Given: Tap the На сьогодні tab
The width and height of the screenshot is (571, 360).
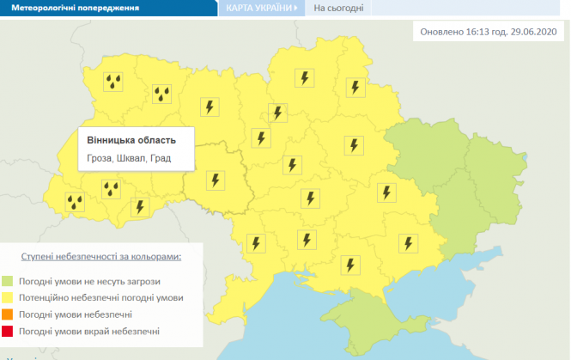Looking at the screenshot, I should [x=338, y=9].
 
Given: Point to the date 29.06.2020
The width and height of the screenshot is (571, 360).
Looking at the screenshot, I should [x=533, y=33].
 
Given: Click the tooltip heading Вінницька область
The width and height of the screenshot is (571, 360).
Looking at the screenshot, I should [x=131, y=140].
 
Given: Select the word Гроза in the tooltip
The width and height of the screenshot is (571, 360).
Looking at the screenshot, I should [x=101, y=159].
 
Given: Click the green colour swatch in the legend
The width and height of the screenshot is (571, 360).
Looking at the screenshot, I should [x=32, y=281].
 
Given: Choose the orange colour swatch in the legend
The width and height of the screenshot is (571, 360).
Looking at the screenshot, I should [x=32, y=314].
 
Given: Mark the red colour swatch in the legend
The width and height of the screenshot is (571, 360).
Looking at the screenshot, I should [x=32, y=331].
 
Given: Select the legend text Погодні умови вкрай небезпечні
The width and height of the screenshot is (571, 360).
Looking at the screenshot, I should [x=106, y=332].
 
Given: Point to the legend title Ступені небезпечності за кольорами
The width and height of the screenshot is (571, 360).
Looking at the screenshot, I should [x=102, y=256].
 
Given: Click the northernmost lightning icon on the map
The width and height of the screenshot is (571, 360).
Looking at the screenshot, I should [x=303, y=77].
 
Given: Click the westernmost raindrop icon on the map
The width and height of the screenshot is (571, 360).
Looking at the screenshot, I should [x=76, y=202].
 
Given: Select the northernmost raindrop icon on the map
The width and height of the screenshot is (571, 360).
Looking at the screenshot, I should [x=112, y=82].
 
